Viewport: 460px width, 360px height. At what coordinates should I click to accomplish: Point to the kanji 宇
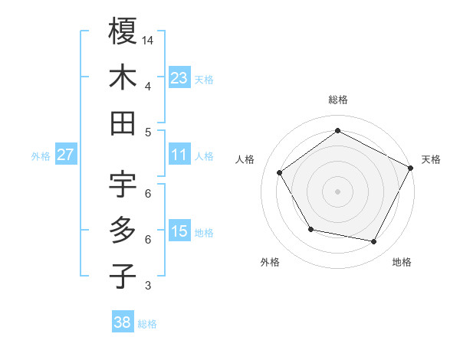[123, 184]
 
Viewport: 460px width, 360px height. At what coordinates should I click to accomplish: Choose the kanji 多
[123, 230]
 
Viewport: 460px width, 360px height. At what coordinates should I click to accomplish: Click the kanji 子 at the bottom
[123, 276]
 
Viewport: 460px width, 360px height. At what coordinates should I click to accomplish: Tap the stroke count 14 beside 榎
[148, 39]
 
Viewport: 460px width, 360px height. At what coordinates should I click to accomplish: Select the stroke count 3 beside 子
[148, 286]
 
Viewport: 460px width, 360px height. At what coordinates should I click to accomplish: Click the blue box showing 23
[179, 77]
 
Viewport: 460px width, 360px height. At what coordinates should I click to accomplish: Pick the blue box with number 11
[179, 155]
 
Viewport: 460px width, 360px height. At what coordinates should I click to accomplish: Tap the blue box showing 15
[179, 231]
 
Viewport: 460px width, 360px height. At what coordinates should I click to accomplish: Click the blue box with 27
[66, 155]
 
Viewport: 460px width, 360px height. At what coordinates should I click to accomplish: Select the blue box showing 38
[123, 322]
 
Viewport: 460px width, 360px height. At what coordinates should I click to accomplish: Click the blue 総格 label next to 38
[147, 324]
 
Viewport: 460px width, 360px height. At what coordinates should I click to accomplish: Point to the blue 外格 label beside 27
[41, 156]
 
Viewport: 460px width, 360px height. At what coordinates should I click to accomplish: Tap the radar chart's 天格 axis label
[431, 159]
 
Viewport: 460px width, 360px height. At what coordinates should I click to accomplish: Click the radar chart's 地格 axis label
[402, 262]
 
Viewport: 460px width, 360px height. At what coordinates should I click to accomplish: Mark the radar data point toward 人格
[280, 172]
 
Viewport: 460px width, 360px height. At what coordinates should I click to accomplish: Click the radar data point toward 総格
[337, 130]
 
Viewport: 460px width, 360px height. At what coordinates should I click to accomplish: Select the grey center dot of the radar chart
[337, 191]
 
